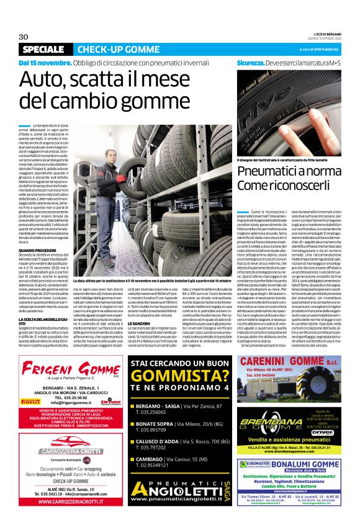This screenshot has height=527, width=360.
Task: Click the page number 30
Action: pos(24,36)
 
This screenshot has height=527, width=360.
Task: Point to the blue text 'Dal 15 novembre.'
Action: pos(45,63)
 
